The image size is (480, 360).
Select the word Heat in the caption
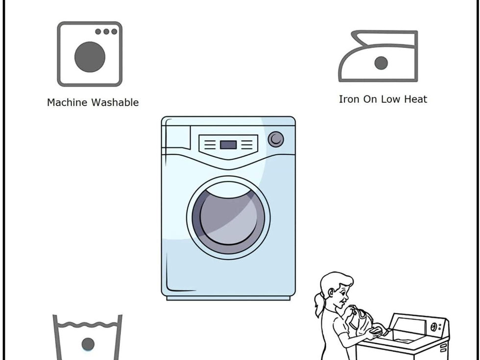click(416, 99)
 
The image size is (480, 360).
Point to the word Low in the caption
click(390, 99)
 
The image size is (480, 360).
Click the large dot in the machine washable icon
click(90, 57)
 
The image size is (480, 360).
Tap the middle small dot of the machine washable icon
click(106, 31)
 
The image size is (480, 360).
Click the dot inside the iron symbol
click(381, 63)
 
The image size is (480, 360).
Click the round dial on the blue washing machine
click(276, 139)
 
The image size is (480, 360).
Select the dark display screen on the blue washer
click(228, 145)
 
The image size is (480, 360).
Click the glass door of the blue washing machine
click(228, 217)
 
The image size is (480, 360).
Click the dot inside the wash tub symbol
click(88, 344)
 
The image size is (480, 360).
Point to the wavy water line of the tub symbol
click(88, 324)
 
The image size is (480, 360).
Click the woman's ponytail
click(319, 305)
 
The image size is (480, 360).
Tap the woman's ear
click(331, 293)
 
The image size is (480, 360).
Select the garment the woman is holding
click(361, 320)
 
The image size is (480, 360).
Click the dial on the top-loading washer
click(434, 327)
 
